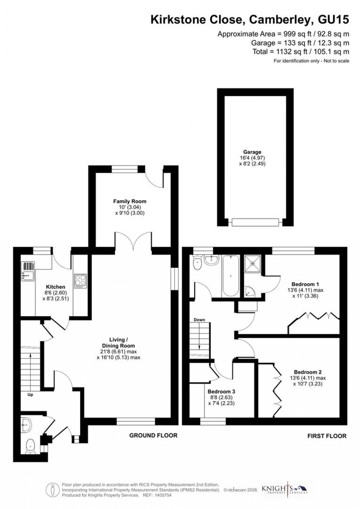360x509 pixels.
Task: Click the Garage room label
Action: point(252,152)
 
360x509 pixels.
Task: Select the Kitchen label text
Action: point(56,287)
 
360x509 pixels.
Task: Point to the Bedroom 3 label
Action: point(221,392)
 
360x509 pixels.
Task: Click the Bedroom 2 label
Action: point(308,372)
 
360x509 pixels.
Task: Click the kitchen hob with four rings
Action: point(80,280)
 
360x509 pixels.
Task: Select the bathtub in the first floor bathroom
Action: point(230,276)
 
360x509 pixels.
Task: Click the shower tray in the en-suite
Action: point(253,263)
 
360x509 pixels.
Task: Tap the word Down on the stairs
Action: point(199,320)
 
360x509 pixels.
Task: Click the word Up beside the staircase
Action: point(30,395)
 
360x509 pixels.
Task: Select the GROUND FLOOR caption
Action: point(153,435)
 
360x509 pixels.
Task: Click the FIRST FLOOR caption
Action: point(327,436)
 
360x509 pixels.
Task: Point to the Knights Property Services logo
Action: point(284,489)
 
